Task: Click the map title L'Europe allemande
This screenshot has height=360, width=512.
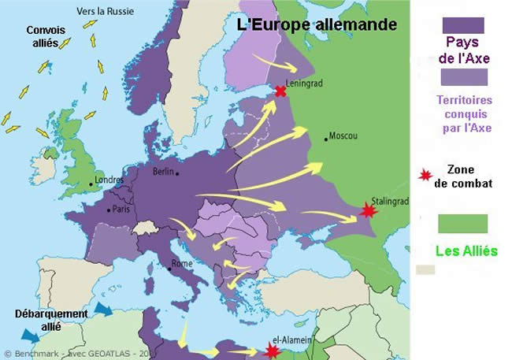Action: [x=317, y=24]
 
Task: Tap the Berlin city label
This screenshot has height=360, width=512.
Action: [x=164, y=171]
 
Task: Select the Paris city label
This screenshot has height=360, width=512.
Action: [x=120, y=210]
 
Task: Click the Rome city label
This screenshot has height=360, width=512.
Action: [x=182, y=264]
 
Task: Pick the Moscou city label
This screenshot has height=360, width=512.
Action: [x=343, y=135]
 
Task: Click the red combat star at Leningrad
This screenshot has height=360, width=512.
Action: [x=280, y=91]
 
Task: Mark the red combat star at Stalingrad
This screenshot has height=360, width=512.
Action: [x=367, y=210]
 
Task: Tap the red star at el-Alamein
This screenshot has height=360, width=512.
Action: [x=273, y=351]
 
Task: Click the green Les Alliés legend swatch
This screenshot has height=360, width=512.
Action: [x=466, y=223]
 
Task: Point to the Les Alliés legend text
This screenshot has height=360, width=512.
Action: [x=466, y=251]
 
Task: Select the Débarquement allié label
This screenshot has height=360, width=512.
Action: [x=51, y=319]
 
